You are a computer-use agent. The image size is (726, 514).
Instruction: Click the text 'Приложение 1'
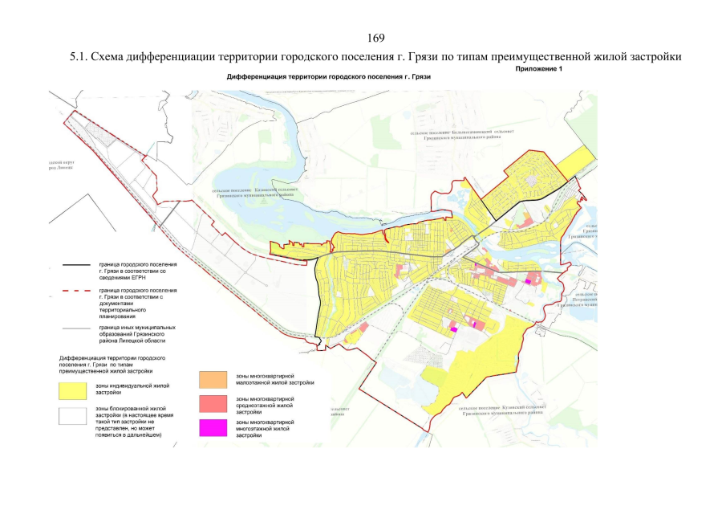click(539, 70)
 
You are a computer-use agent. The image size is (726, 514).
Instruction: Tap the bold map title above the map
click(329, 77)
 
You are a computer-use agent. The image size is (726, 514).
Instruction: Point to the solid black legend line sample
click(71, 264)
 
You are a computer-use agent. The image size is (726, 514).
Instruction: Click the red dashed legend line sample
click(71, 291)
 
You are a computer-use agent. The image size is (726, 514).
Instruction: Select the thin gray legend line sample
click(71, 328)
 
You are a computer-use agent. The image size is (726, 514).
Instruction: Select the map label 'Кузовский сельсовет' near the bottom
click(502, 410)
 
